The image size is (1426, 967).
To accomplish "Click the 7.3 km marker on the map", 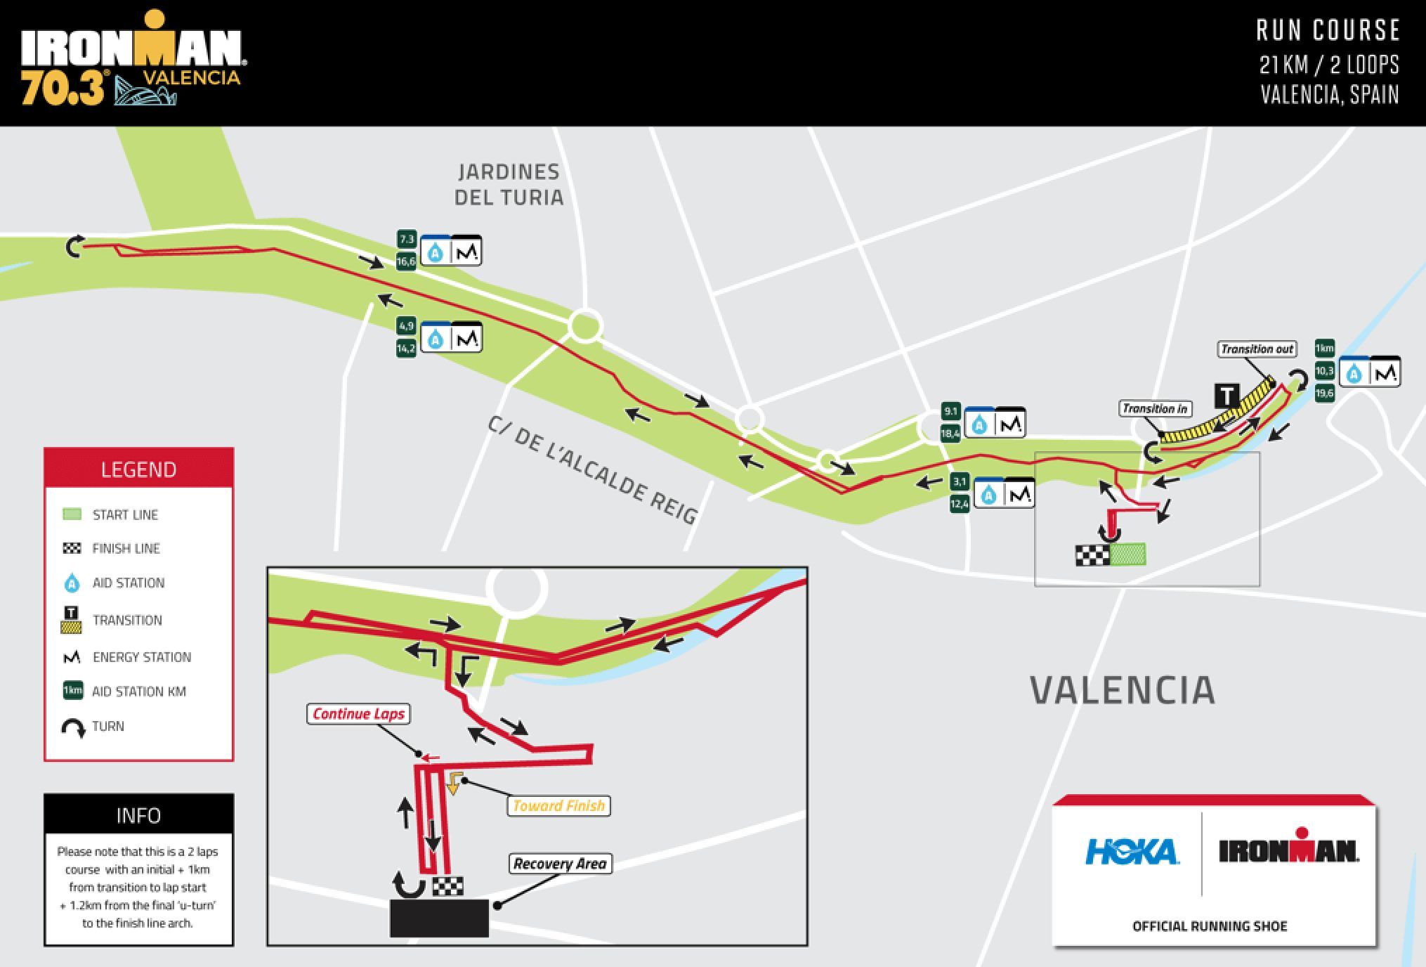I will click(407, 240).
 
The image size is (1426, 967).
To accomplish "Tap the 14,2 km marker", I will click(406, 349).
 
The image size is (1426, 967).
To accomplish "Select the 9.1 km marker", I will click(950, 412).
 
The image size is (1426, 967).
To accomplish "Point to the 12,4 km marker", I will click(960, 504).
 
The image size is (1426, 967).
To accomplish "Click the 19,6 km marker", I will click(1324, 394).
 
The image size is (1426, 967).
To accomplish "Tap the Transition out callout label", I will click(1257, 349).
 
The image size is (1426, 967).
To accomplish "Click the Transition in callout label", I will click(1155, 409).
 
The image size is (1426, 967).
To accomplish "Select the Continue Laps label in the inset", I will click(358, 714).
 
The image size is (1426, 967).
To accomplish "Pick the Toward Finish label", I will click(558, 805).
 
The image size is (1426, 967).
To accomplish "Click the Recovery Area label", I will click(560, 864).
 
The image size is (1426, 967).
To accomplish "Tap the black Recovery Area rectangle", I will click(439, 918).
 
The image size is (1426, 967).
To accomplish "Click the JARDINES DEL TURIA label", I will click(509, 184).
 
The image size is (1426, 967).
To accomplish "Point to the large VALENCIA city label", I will click(1122, 690).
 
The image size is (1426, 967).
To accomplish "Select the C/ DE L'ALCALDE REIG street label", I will click(592, 469).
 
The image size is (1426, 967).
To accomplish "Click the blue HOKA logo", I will click(1131, 852).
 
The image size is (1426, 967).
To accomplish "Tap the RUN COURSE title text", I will click(1328, 31).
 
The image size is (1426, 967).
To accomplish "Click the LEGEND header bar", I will click(138, 469).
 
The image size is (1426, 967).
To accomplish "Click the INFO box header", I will click(138, 815).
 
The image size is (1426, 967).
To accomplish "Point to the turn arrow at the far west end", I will click(74, 247).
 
